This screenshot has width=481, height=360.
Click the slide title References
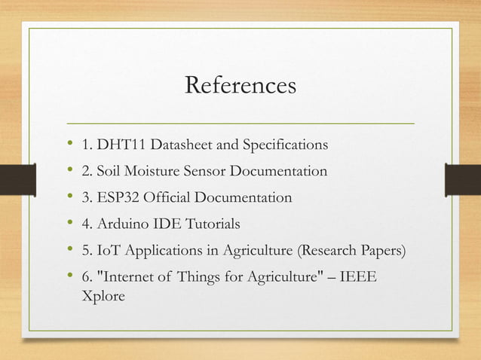[x=240, y=86]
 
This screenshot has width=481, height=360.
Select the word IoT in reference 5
[x=108, y=251]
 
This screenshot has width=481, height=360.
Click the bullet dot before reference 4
[x=70, y=224]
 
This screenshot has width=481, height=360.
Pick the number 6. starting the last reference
[x=87, y=279]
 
